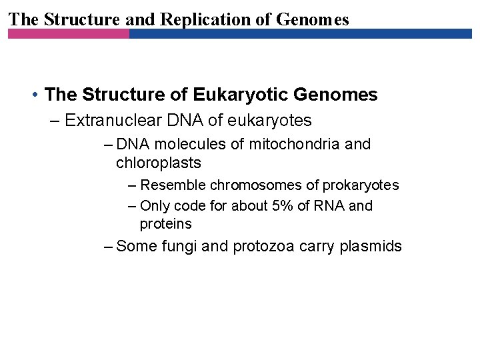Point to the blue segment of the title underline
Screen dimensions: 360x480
300,33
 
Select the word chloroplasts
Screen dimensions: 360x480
158,163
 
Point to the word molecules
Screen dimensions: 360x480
191,144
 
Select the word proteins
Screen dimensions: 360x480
165,224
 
